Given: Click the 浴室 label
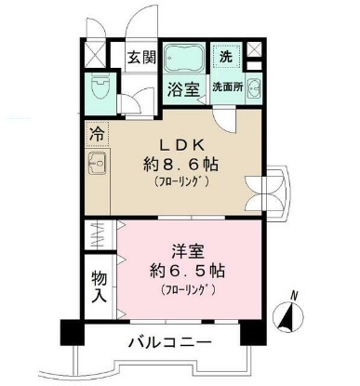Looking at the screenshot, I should (184, 90).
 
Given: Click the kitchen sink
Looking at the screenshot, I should (98, 166).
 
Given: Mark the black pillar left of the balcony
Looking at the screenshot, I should (70, 330).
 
